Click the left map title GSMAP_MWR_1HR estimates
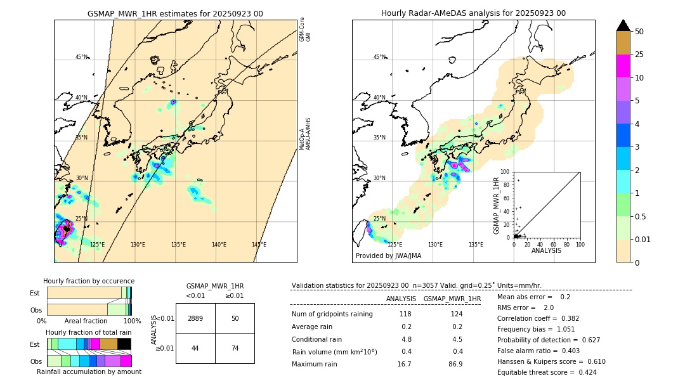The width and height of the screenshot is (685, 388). pyautogui.click(x=175, y=13)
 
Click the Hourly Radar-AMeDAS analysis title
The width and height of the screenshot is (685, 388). pyautogui.click(x=473, y=13)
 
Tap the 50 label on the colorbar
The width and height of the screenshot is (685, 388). pyautogui.click(x=639, y=32)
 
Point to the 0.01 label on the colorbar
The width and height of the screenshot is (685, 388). pyautogui.click(x=643, y=239)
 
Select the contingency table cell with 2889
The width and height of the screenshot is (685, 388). pyautogui.click(x=195, y=318)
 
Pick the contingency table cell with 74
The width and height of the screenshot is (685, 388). pyautogui.click(x=235, y=348)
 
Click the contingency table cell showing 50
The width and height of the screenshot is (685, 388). pyautogui.click(x=235, y=318)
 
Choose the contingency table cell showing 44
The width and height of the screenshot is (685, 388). pyautogui.click(x=195, y=348)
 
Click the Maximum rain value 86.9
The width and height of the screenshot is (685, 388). pyautogui.click(x=455, y=364)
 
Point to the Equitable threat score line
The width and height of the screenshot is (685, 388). pyautogui.click(x=547, y=372)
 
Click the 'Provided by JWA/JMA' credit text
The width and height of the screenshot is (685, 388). pyautogui.click(x=388, y=255)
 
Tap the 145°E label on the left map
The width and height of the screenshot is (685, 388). pyautogui.click(x=259, y=245)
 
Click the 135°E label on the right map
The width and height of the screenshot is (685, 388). pyautogui.click(x=476, y=245)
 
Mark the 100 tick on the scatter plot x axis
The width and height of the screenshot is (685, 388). pyautogui.click(x=580, y=244)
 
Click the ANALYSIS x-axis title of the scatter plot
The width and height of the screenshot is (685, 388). pyautogui.click(x=546, y=251)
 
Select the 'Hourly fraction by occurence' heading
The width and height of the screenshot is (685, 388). pyautogui.click(x=89, y=281)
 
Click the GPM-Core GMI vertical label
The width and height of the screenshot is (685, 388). pyautogui.click(x=305, y=29)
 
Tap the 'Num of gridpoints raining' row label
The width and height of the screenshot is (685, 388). pyautogui.click(x=332, y=314)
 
